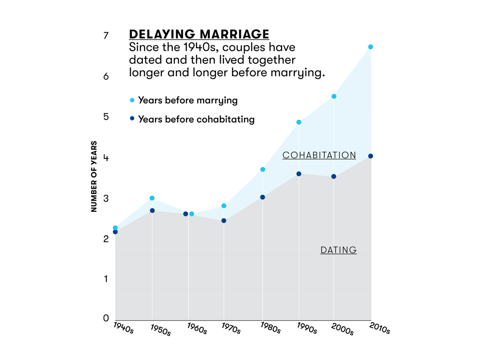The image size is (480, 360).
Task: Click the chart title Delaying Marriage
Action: [199, 34]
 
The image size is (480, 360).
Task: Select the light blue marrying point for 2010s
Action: [371, 47]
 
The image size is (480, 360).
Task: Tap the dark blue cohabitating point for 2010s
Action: [371, 156]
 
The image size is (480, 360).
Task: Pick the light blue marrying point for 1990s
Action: [299, 122]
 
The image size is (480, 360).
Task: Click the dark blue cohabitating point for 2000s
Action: [334, 176]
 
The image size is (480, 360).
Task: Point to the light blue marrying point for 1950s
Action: [152, 198]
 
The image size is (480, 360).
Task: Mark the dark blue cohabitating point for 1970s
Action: [224, 220]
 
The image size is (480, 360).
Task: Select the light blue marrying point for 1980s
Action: [263, 169]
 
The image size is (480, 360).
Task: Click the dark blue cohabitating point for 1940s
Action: [115, 232]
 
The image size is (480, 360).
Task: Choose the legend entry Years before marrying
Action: [188, 100]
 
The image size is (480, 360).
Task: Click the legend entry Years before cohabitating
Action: [196, 119]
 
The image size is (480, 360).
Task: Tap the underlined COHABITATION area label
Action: [319, 155]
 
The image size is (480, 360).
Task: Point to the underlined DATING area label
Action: [338, 250]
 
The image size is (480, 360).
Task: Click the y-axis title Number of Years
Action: [94, 176]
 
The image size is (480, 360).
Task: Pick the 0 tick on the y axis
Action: [106, 318]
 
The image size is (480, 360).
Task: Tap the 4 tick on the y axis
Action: [106, 158]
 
